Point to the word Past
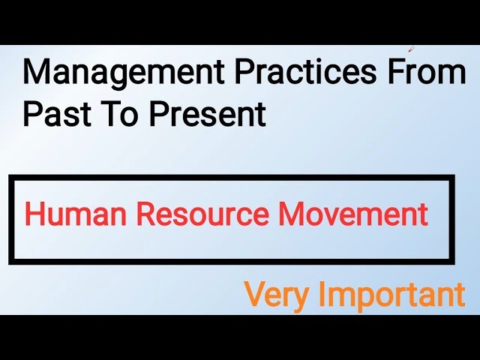click(53, 114)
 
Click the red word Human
click(71, 215)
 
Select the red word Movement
click(353, 215)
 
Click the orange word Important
click(392, 294)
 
